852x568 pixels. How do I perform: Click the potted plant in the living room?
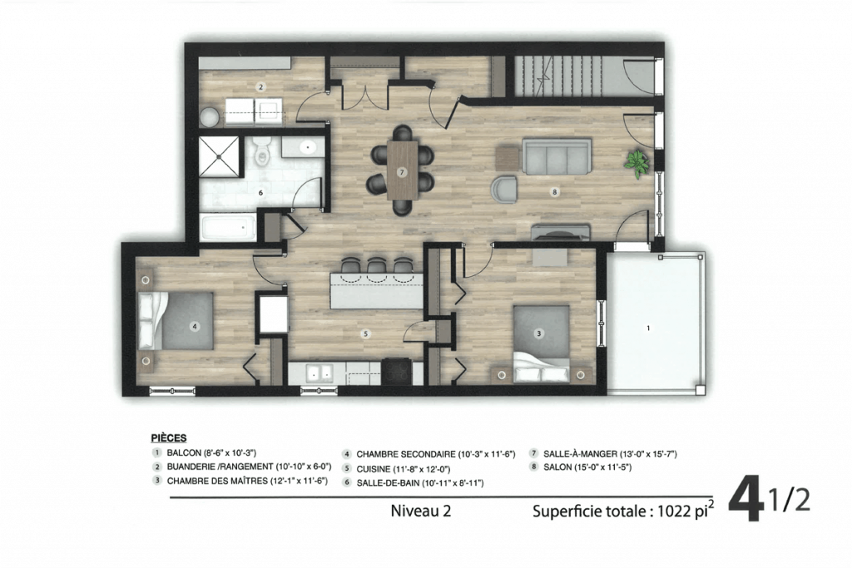637,163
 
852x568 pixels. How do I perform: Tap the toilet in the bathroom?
262,151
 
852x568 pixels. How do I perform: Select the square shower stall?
220,156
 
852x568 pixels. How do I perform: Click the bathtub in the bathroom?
228,228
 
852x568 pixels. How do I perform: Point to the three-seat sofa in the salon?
557,156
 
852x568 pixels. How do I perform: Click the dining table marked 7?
402,170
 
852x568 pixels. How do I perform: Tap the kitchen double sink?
319,373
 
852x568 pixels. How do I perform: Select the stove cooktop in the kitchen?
397,372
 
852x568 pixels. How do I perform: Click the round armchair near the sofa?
504,188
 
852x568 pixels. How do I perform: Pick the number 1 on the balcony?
647,328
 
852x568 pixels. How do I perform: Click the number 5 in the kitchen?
366,334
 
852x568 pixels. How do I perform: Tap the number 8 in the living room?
554,191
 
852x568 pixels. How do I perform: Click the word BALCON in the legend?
184,453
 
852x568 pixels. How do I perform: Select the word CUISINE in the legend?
374,469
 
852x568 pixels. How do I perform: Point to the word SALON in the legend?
557,467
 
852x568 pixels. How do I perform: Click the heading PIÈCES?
168,438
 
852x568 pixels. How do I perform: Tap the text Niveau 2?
420,511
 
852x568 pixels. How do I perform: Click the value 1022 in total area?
674,511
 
